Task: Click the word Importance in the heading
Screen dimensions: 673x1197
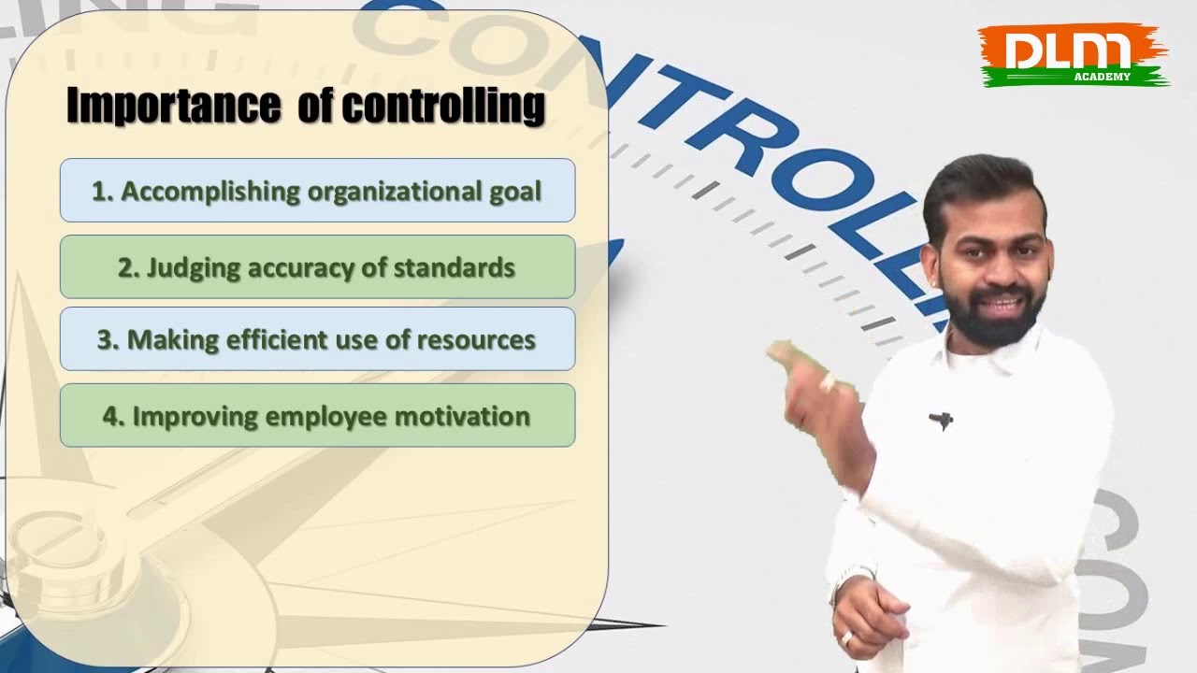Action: pyautogui.click(x=174, y=106)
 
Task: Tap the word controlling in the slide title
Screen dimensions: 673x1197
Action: pyautogui.click(x=442, y=106)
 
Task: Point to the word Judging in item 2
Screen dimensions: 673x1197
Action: pyautogui.click(x=187, y=267)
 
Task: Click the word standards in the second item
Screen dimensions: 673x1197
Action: pyautogui.click(x=454, y=267)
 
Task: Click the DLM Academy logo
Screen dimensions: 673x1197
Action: pyautogui.click(x=1074, y=55)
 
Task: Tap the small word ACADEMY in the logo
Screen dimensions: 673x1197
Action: pyautogui.click(x=1103, y=77)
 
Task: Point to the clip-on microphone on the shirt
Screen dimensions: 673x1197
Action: pyautogui.click(x=941, y=421)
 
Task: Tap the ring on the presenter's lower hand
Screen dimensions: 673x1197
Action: pyautogui.click(x=847, y=638)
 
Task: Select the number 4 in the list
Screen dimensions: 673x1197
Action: pyautogui.click(x=111, y=416)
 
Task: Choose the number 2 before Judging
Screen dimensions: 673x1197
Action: pyautogui.click(x=127, y=267)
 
